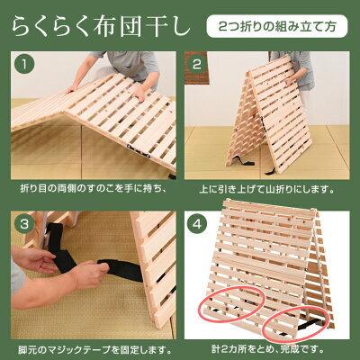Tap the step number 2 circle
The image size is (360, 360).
point(197,65)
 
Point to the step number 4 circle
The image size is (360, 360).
point(197,224)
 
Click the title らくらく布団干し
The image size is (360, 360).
point(101,27)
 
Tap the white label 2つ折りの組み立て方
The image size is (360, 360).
point(277,27)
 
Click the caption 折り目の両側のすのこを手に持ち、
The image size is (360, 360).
point(93,189)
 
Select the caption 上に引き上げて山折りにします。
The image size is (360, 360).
point(267,189)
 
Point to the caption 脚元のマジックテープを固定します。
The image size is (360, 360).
point(95,349)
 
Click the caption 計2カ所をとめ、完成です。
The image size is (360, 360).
point(267,349)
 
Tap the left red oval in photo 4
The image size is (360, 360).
point(230,302)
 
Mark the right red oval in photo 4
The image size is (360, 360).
point(296,324)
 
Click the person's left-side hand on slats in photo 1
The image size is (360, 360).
point(73,88)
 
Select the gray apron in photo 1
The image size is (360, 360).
point(128,65)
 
